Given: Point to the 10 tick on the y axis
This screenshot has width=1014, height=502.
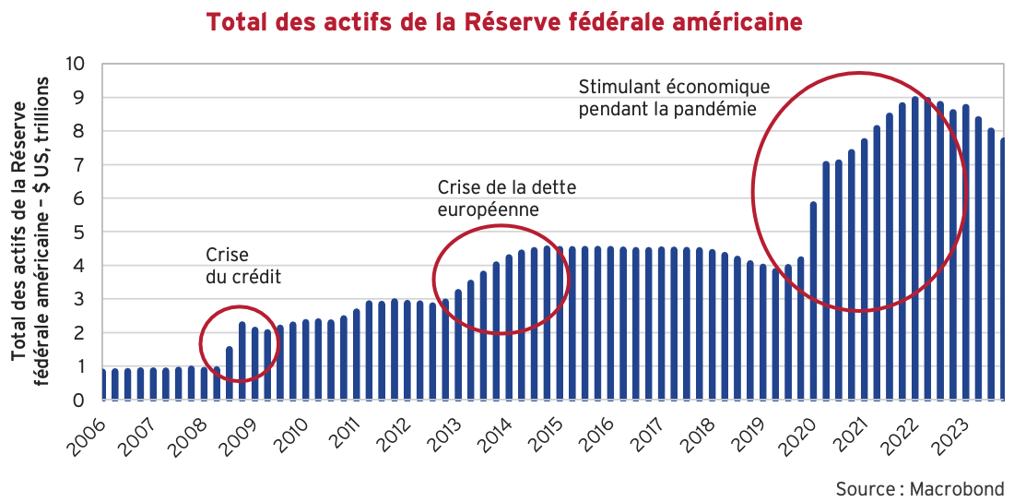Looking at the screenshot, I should [75, 64].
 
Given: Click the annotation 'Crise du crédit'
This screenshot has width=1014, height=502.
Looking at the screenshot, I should [242, 265].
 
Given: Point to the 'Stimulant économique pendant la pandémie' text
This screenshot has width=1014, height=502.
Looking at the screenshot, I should [673, 97].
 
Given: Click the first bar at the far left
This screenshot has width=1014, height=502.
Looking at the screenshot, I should [103, 384].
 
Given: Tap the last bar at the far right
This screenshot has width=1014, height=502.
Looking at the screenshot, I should [1002, 269].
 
